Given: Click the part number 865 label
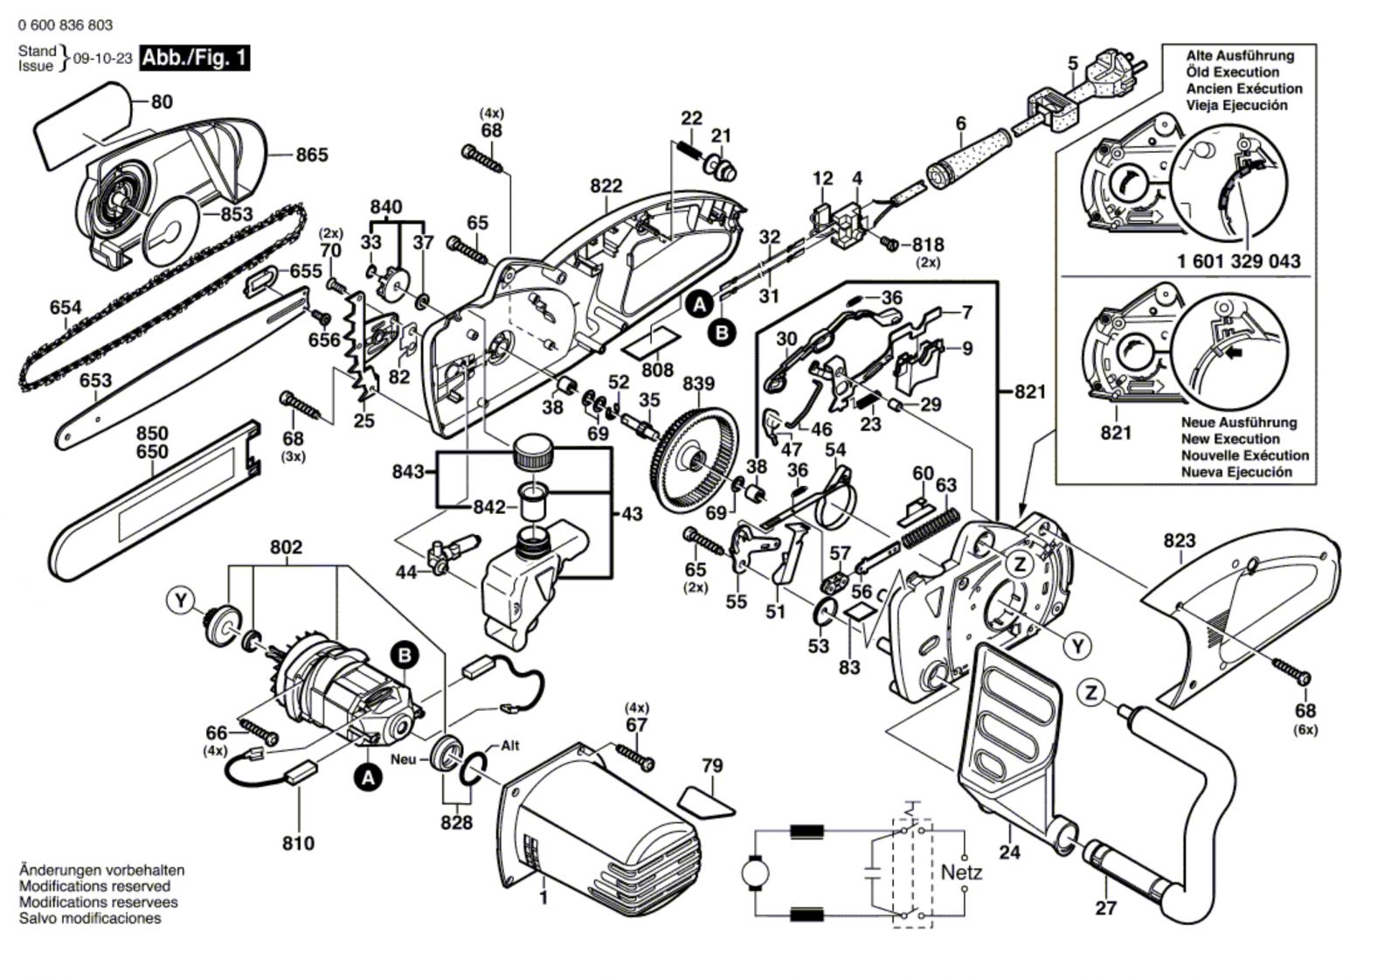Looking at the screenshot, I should (x=312, y=155).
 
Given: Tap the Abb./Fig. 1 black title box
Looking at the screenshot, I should (x=196, y=59).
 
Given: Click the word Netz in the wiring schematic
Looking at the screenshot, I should (x=961, y=872).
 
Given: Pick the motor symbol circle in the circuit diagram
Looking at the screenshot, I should (x=753, y=872).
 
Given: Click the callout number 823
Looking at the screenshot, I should (x=1179, y=541).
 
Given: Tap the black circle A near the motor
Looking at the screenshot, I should (x=368, y=776).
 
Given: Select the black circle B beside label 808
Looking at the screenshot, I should (x=723, y=332).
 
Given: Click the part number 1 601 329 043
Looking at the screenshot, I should (x=1238, y=261).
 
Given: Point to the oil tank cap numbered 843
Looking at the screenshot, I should (x=532, y=455).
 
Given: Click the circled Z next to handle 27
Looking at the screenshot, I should (x=1090, y=693).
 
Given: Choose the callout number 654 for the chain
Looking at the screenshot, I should (x=66, y=308).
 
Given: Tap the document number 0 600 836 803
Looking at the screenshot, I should (x=66, y=25).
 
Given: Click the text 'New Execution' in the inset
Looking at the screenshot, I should (x=1229, y=439).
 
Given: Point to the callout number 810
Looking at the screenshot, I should (x=298, y=844).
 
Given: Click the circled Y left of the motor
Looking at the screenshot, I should (x=181, y=600).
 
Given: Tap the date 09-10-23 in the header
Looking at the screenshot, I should (x=102, y=59).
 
